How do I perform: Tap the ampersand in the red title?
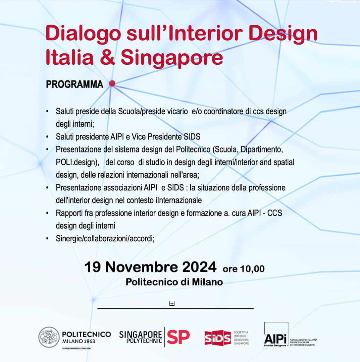click(107, 57)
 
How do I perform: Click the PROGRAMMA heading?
click(74, 84)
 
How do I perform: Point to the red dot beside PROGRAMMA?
click(112, 83)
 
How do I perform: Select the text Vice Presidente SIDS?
click(166, 137)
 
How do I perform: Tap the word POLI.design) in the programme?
click(78, 162)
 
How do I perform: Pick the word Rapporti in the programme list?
click(69, 213)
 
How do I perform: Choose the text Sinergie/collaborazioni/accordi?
click(105, 238)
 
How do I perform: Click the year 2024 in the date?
click(199, 267)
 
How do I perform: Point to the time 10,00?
click(252, 269)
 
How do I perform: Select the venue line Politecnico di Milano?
click(174, 282)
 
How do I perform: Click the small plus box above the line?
click(172, 303)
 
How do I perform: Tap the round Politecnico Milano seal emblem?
click(49, 337)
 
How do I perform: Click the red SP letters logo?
click(178, 337)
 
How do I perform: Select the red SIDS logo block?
click(218, 338)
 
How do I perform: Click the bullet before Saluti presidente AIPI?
click(47, 137)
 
